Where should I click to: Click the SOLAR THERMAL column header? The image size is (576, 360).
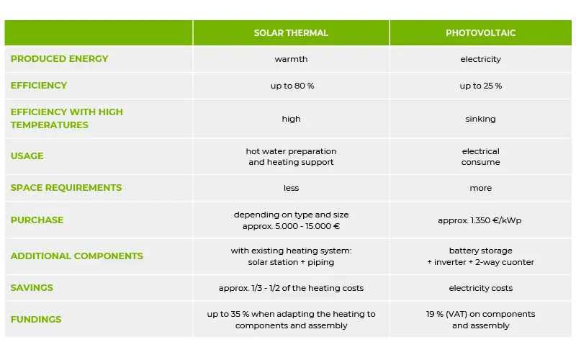(291, 33)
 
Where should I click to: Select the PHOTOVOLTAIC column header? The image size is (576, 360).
(480, 33)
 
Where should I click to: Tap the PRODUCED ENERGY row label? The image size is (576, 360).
(60, 59)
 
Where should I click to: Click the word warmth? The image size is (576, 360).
(291, 59)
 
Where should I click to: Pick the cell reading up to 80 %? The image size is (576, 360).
(292, 86)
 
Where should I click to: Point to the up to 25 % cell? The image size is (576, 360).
(480, 86)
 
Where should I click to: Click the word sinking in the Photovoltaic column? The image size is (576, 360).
(480, 119)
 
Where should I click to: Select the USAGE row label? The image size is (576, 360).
(27, 156)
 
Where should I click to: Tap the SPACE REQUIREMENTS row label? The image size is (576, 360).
(66, 188)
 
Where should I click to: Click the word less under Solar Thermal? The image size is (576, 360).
(291, 188)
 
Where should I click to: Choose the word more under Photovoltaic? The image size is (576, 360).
(480, 188)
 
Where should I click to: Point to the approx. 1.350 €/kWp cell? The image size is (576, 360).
(480, 220)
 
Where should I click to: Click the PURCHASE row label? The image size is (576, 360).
(37, 220)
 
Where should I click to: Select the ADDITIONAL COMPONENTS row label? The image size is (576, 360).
(77, 256)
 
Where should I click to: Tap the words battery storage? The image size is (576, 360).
(480, 251)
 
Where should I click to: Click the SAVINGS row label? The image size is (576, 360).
(32, 287)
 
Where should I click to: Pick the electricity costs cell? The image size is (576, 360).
(480, 288)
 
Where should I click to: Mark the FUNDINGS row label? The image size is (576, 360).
(36, 319)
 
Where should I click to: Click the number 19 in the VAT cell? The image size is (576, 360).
(431, 314)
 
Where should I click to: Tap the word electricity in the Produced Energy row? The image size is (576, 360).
(480, 59)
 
